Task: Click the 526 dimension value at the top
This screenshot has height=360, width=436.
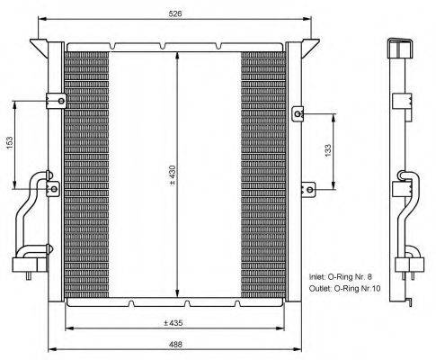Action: point(175,13)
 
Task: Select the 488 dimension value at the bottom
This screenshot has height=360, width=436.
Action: point(175,344)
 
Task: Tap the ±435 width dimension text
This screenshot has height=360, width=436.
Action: point(174,323)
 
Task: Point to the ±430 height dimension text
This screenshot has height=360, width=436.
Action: point(174,175)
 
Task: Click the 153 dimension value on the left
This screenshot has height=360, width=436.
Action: point(9,143)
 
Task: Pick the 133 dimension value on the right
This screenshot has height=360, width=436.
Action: point(328,151)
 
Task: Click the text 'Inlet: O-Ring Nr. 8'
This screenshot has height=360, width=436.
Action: point(341,276)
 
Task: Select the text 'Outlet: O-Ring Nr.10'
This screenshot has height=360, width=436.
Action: point(345,289)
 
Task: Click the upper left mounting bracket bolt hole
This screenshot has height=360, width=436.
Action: point(61,101)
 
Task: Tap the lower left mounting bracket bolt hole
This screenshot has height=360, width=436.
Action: point(54,189)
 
